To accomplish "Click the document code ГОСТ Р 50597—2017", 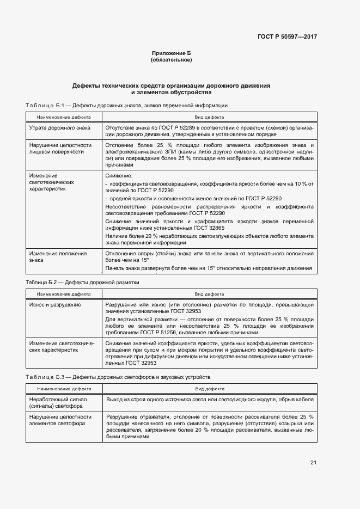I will click(x=286, y=37).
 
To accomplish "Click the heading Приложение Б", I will click(x=171, y=53).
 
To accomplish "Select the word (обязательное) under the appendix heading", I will click(x=171, y=59).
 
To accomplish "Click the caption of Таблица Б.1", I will click(x=126, y=105).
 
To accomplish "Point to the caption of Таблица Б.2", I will click(x=82, y=283).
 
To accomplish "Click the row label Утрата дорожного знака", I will click(x=60, y=127).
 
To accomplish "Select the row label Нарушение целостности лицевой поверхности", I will click(x=60, y=149).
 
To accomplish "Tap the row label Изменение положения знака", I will click(x=58, y=256).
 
